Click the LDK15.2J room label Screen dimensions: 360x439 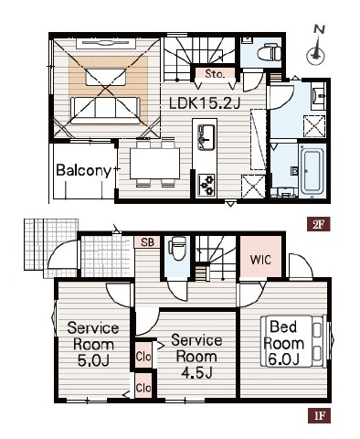click(205, 104)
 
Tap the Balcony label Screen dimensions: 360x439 click(84, 170)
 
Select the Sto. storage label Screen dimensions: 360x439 click(215, 74)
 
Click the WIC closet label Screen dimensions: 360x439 click(260, 260)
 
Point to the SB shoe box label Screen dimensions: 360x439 click(148, 242)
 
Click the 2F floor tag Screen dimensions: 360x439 click(319, 225)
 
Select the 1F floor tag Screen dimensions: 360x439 click(319, 417)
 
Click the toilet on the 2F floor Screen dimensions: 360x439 click(269, 52)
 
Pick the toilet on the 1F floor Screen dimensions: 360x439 click(177, 249)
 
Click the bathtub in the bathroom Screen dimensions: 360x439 click(312, 171)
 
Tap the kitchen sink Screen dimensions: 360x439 click(206, 137)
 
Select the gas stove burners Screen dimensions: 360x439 click(206, 185)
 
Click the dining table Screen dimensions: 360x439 click(154, 164)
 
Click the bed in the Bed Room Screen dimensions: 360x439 click(292, 341)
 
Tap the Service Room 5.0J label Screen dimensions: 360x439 click(93, 345)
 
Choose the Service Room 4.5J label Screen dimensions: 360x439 click(196, 356)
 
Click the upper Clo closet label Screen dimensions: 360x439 click(143, 357)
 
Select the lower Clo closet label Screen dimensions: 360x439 click(143, 388)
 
